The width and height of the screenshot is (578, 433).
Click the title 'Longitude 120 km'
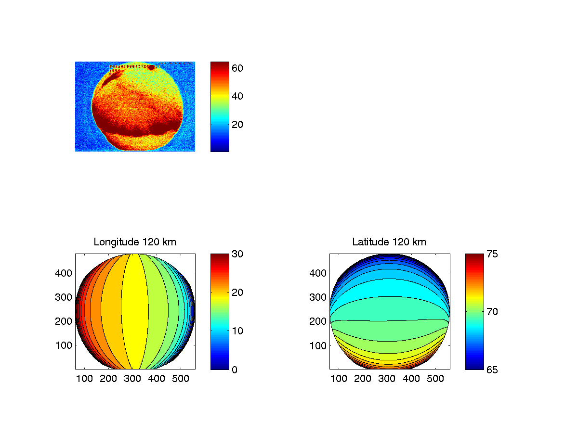click(135, 242)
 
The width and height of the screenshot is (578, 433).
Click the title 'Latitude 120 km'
click(389, 242)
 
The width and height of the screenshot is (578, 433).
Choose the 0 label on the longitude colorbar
click(234, 369)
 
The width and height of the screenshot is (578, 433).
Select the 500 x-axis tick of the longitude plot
click(181, 379)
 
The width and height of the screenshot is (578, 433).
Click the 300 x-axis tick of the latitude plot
click(387, 379)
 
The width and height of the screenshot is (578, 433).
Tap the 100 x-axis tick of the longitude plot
click(84, 379)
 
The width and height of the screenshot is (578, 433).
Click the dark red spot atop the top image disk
click(151, 67)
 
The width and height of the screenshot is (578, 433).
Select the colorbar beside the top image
click(220, 106)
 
